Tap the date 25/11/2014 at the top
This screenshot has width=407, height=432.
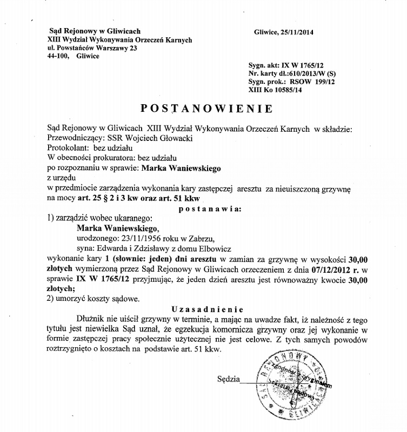(293, 32)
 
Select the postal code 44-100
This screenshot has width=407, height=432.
(58, 56)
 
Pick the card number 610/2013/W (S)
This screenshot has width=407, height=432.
(310, 72)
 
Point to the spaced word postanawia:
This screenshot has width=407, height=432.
(210, 208)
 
